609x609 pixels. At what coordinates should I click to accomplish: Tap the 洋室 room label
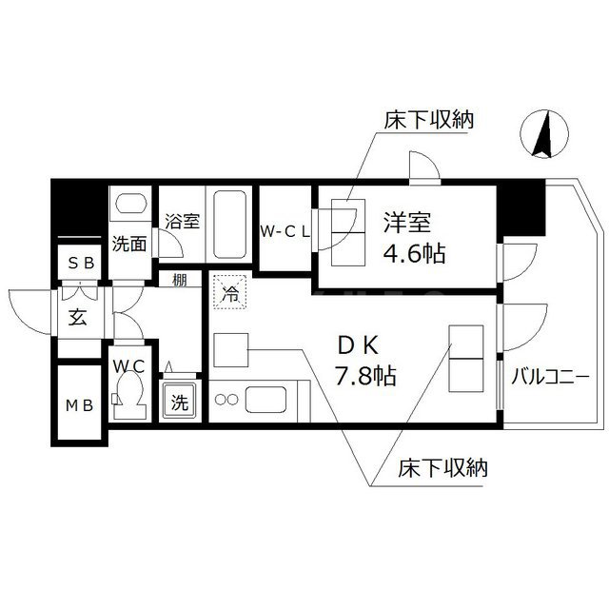(407, 225)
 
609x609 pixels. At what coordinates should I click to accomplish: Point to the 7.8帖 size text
(365, 376)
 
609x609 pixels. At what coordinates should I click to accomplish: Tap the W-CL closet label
(285, 231)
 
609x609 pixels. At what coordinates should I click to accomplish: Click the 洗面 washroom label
(129, 243)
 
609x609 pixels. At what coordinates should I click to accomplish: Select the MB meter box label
(80, 406)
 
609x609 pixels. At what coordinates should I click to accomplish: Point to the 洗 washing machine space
(180, 403)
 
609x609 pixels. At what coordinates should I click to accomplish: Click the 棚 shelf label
(179, 281)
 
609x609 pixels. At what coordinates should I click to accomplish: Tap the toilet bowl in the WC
(129, 394)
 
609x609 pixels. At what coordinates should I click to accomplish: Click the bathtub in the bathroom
(228, 224)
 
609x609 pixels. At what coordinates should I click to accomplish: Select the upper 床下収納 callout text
(428, 121)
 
